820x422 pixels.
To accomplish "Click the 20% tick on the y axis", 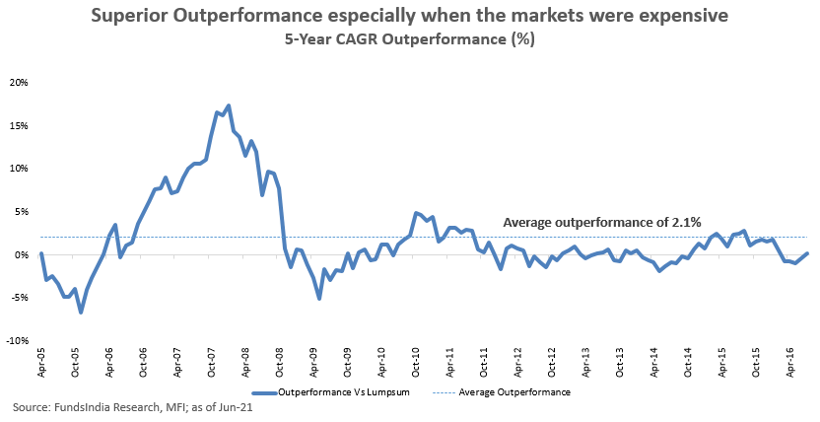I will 20,82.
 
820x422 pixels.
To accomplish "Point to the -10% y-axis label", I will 18,341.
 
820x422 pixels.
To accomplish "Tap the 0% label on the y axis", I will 23,255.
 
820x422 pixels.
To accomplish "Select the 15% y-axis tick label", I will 20,125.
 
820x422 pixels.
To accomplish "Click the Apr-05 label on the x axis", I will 41,363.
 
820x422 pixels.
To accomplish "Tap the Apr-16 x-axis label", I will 790,363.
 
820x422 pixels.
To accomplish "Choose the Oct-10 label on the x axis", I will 418,363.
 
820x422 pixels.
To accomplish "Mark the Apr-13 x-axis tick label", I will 584,363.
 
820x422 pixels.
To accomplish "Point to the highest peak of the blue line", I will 229,105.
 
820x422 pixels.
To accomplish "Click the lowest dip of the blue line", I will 81,313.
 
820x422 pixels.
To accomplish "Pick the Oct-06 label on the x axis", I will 144,363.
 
